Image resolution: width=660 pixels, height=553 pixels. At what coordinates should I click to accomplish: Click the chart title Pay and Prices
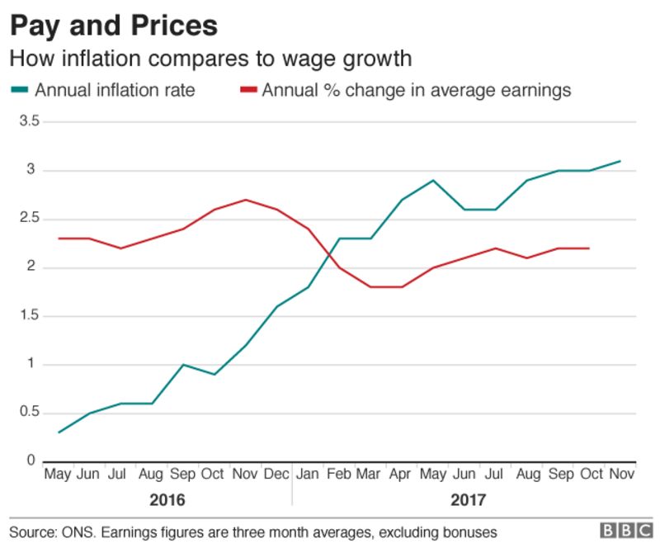click(114, 26)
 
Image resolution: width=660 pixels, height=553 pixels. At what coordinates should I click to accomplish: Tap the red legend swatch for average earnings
click(247, 90)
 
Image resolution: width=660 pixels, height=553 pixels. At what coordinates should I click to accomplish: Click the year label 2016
click(167, 500)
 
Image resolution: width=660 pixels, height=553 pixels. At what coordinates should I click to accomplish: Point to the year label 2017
click(469, 500)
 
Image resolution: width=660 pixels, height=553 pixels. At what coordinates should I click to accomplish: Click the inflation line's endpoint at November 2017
click(620, 161)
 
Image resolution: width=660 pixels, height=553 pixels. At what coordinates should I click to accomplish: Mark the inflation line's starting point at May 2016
click(59, 432)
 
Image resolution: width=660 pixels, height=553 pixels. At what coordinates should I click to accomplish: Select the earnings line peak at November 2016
click(246, 200)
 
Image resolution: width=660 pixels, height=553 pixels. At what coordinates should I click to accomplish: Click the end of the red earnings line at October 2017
click(588, 248)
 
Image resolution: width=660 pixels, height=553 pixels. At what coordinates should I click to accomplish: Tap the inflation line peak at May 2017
click(433, 180)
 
